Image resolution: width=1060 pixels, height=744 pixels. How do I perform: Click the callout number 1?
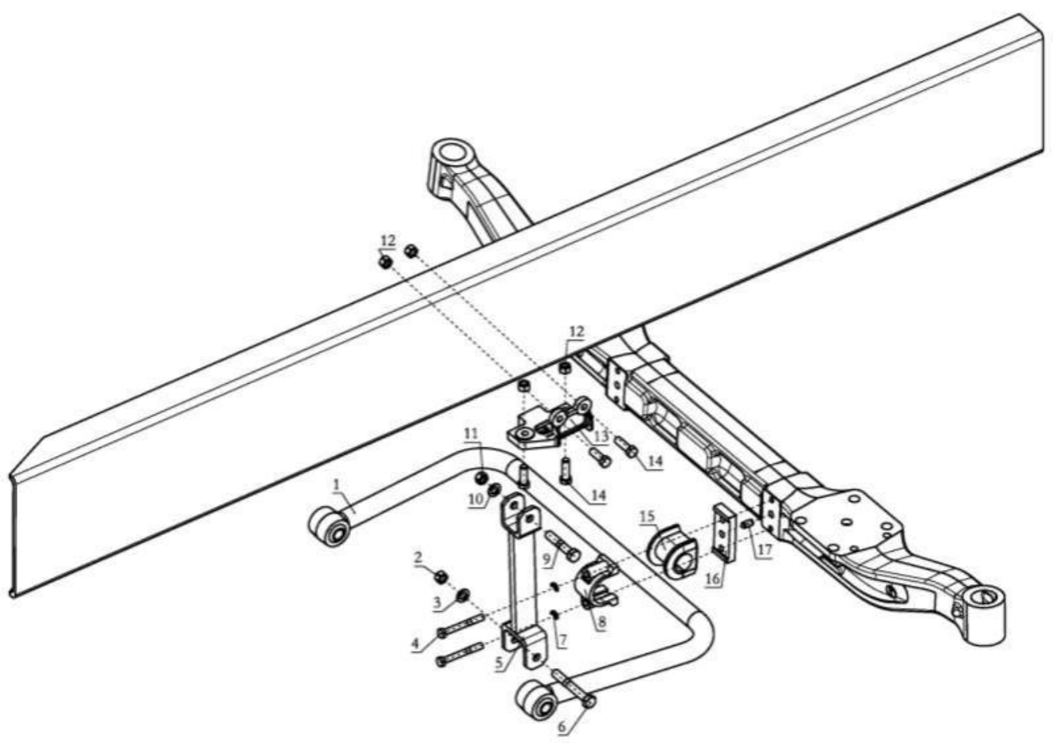click(x=337, y=485)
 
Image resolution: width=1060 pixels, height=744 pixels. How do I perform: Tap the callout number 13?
click(x=601, y=436)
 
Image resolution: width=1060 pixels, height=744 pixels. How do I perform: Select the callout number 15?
click(x=648, y=518)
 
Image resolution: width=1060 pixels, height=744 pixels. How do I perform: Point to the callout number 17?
click(x=765, y=549)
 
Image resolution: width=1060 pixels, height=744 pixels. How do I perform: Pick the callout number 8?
click(x=601, y=623)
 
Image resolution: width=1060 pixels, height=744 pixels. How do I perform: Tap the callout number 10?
click(x=477, y=499)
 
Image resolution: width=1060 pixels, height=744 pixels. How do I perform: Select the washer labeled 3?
click(x=463, y=595)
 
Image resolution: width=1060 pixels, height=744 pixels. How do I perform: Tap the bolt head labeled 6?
click(x=589, y=701)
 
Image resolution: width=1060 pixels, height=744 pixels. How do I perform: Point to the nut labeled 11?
click(x=482, y=478)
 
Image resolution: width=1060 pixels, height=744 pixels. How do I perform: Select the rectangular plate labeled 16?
click(x=723, y=533)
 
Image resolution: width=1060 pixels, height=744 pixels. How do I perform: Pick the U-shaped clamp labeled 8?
click(x=597, y=582)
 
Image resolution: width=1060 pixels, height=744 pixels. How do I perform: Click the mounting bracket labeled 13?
click(x=551, y=422)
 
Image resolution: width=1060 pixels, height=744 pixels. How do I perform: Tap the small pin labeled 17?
click(x=748, y=524)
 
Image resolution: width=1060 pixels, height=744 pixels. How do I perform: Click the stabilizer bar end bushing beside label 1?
click(x=330, y=526)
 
